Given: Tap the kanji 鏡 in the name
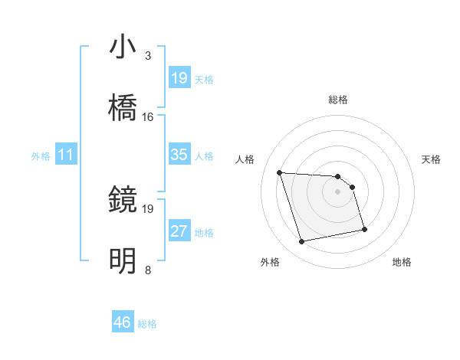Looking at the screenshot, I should pyautogui.click(x=123, y=201).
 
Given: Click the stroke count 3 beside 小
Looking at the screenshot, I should pyautogui.click(x=147, y=55).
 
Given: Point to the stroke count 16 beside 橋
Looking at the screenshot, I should pyautogui.click(x=148, y=116).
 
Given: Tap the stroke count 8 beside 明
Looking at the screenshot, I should pyautogui.click(x=147, y=270).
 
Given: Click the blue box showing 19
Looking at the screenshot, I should pyautogui.click(x=179, y=78).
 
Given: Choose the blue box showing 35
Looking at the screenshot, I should pyautogui.click(x=179, y=155).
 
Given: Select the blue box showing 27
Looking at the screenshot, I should pyautogui.click(x=179, y=231).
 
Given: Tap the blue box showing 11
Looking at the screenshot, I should pyautogui.click(x=66, y=155).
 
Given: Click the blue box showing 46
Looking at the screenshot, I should pyautogui.click(x=123, y=323).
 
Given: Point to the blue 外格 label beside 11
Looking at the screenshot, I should pyautogui.click(x=41, y=155).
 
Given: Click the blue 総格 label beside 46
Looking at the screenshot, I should pyautogui.click(x=147, y=324).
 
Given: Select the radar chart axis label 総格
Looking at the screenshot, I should pyautogui.click(x=337, y=100).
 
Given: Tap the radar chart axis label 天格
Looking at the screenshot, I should pyautogui.click(x=431, y=159).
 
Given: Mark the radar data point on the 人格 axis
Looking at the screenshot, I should pyautogui.click(x=280, y=172).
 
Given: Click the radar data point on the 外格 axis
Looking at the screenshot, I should pyautogui.click(x=302, y=242).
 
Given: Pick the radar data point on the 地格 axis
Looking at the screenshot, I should pyautogui.click(x=363, y=229).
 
